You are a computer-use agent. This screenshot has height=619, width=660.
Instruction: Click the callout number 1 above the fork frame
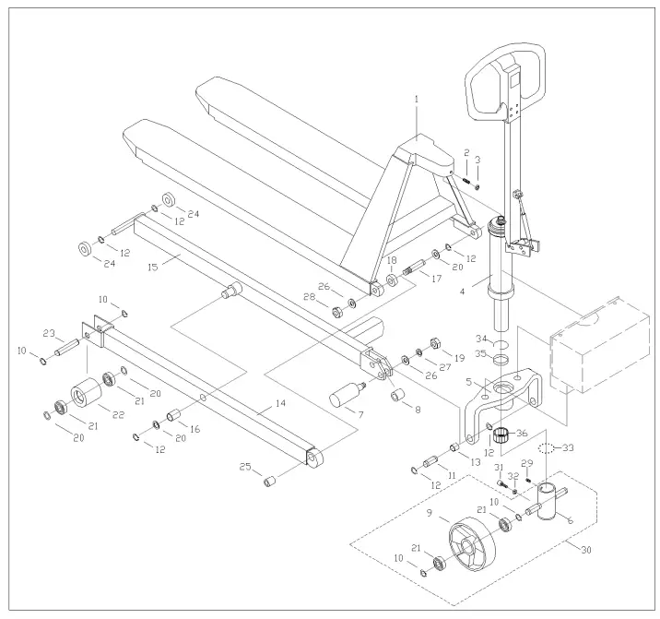pyautogui.click(x=416, y=98)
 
